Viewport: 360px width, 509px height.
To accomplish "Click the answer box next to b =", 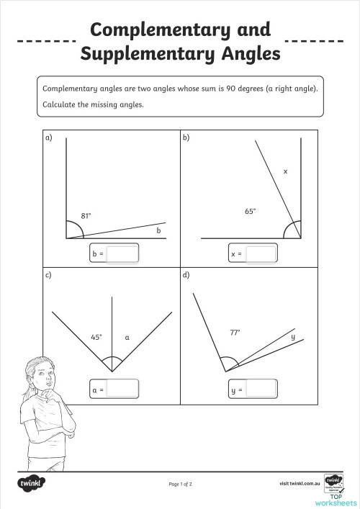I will tap(122, 254).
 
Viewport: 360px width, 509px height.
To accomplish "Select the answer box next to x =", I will tap(261, 254).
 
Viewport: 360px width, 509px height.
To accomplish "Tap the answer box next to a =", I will tap(122, 389).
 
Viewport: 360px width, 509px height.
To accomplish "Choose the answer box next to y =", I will tap(261, 389).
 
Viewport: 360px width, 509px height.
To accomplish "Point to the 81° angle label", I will tap(86, 215).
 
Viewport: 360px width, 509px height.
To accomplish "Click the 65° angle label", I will tap(250, 211).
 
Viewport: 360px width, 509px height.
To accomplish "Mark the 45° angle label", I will tap(96, 336).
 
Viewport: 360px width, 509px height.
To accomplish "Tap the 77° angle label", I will tap(234, 333).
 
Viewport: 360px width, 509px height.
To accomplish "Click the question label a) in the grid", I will tap(49, 138).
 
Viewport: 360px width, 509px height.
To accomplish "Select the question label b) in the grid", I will tap(186, 138).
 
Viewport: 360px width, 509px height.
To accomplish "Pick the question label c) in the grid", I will tap(49, 274).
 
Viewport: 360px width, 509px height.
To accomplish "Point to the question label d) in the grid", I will tap(186, 274).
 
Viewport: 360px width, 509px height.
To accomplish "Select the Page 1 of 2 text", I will tap(180, 484).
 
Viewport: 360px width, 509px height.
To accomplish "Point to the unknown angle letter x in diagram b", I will tap(285, 172).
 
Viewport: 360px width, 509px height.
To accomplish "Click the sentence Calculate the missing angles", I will tap(94, 104).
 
